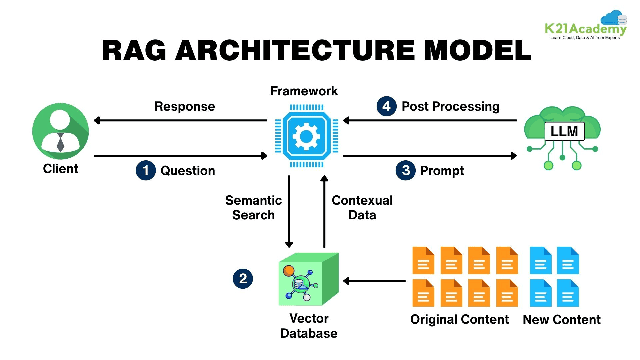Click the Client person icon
click(60, 131)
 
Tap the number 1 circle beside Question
click(146, 170)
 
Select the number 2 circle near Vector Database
click(243, 279)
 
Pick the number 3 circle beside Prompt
click(405, 170)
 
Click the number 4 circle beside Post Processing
click(386, 106)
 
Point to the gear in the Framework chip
click(306, 136)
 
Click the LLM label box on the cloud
click(564, 131)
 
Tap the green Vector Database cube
click(308, 279)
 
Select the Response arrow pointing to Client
click(180, 120)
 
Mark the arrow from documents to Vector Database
click(374, 281)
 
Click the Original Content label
click(459, 319)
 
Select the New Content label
click(562, 320)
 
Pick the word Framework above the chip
click(304, 91)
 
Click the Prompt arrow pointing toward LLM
click(430, 156)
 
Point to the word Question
click(188, 171)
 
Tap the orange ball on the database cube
click(289, 270)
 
